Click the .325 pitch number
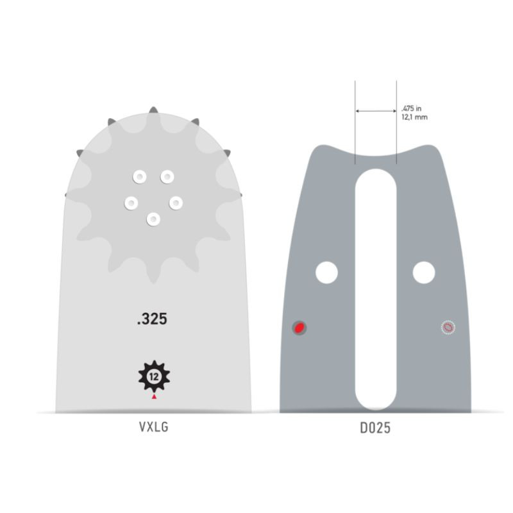pos(152,319)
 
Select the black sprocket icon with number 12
pos(153,376)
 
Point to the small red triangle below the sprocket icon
pos(153,398)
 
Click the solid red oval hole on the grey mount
pos(299,328)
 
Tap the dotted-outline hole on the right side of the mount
pos(448,328)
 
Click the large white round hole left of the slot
pos(326,273)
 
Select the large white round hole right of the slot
pos(424,273)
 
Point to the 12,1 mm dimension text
pos(413,118)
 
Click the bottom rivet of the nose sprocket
pos(153,219)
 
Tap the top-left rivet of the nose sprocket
pos(138,176)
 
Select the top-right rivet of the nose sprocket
pos(167,176)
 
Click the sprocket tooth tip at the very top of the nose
pos(153,111)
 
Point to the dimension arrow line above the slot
pos(375,112)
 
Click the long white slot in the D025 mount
pos(375,289)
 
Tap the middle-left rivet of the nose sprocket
pos(130,203)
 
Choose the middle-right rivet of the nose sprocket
pos(176,203)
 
